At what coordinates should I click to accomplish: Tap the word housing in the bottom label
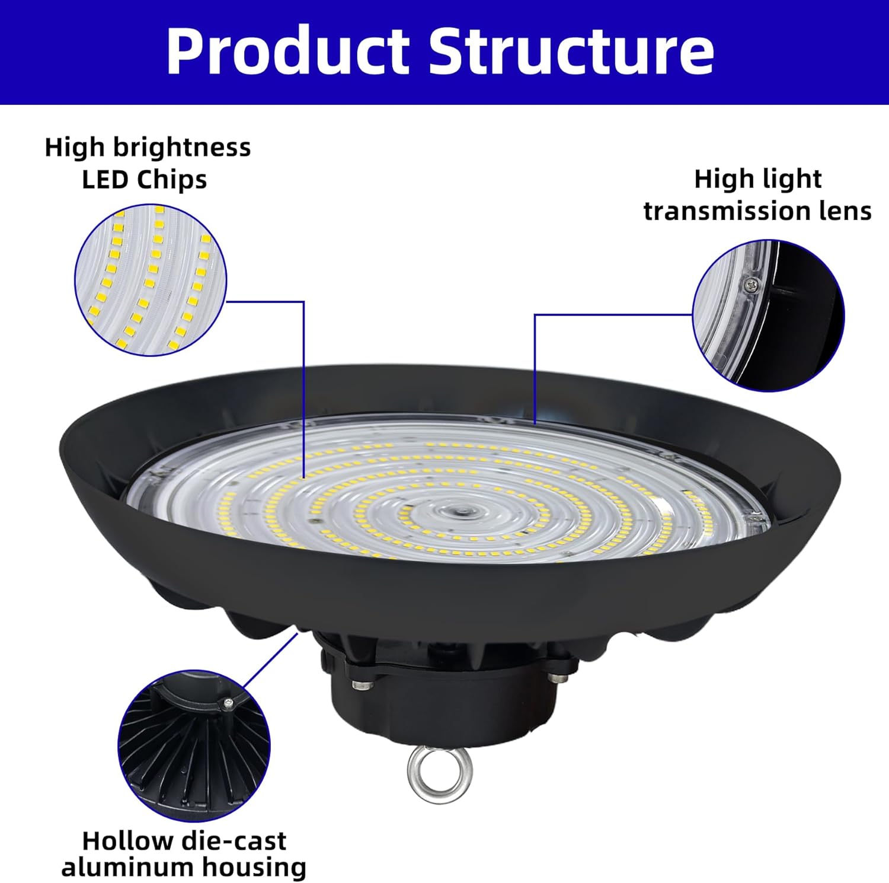(254, 868)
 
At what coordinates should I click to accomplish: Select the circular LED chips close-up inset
(151, 279)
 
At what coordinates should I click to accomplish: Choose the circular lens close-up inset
(769, 315)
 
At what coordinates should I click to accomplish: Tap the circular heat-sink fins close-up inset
(194, 745)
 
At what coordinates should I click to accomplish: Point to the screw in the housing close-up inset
(228, 703)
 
